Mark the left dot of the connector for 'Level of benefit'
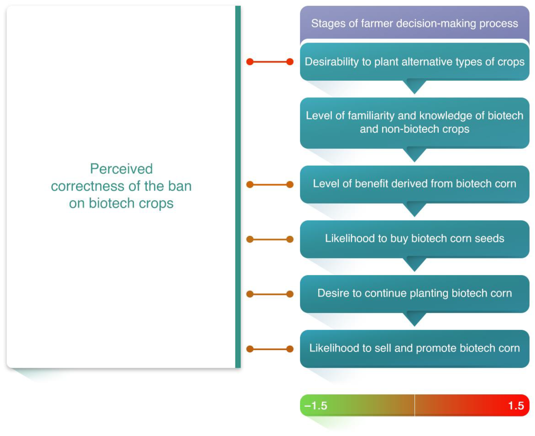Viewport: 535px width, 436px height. point(250,185)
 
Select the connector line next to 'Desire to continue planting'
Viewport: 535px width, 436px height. point(270,294)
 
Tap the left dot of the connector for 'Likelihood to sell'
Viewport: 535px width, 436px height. point(250,349)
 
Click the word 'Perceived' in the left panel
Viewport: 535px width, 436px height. point(121,169)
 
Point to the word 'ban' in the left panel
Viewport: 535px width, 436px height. point(180,186)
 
